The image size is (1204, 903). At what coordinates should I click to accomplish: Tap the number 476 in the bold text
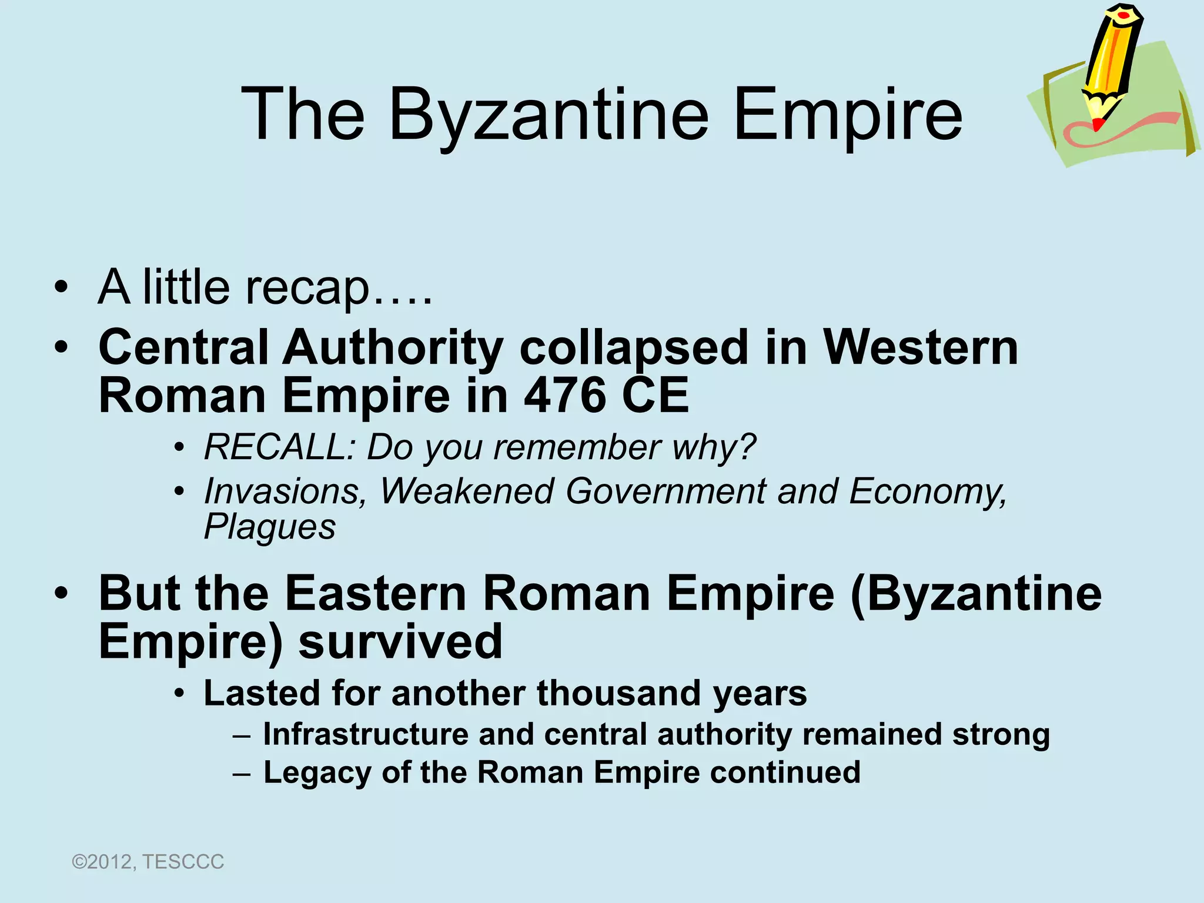pyautogui.click(x=564, y=396)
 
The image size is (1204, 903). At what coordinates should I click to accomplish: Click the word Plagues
pyautogui.click(x=270, y=527)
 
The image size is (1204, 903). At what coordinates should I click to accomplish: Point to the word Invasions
pyautogui.click(x=285, y=491)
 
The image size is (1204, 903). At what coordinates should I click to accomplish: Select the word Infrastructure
pyautogui.click(x=365, y=735)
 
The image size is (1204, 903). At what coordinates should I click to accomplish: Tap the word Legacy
pyautogui.click(x=317, y=773)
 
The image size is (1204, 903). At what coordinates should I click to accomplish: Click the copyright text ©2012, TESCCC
pyautogui.click(x=148, y=862)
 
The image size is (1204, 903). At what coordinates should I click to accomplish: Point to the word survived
pyautogui.click(x=400, y=642)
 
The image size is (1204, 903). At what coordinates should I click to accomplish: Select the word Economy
pyautogui.click(x=927, y=491)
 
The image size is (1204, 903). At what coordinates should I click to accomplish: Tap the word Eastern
pyautogui.click(x=376, y=594)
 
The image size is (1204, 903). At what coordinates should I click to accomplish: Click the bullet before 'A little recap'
pyautogui.click(x=61, y=288)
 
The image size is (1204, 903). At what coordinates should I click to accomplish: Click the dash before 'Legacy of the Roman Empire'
pyautogui.click(x=241, y=774)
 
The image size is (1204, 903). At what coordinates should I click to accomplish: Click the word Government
pyautogui.click(x=665, y=491)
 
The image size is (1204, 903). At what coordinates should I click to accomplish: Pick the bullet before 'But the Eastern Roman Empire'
pyautogui.click(x=61, y=594)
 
